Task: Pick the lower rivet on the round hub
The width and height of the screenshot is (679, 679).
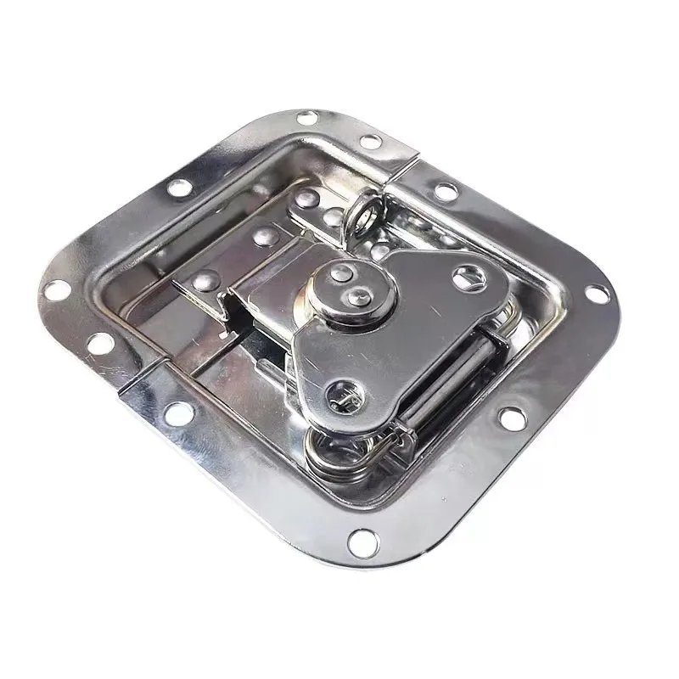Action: point(358,296)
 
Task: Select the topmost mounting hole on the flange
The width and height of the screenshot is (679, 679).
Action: point(308,117)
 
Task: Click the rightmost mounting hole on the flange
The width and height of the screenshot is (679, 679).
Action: point(597,295)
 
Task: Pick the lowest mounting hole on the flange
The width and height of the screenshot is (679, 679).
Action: point(362,539)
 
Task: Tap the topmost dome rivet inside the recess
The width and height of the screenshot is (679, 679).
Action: point(303,199)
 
